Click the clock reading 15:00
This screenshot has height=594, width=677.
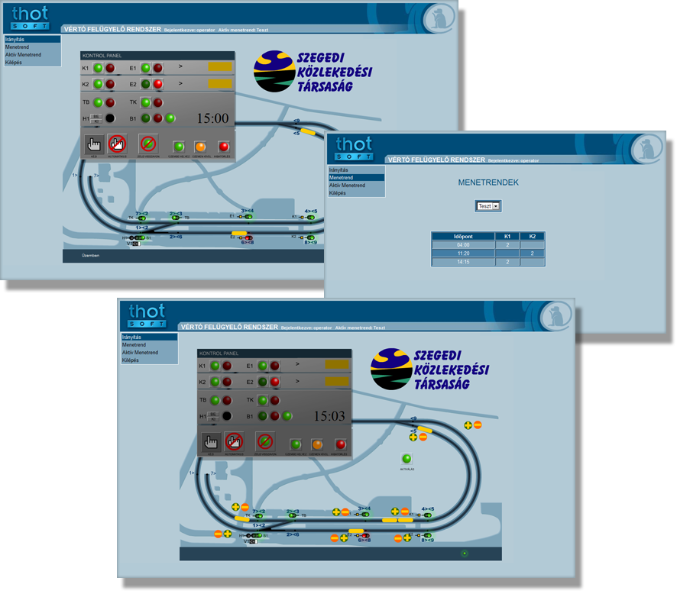pos(213,118)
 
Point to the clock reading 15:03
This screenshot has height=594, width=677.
pos(329,416)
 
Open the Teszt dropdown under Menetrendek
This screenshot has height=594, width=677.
pos(496,206)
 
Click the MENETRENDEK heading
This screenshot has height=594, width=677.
pos(488,183)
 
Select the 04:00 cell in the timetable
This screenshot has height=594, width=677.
pos(463,245)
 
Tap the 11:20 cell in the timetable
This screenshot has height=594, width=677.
pos(463,253)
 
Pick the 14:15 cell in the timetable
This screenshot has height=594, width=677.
pos(463,262)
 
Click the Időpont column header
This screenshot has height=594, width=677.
pos(463,237)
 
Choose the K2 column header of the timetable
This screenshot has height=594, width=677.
pos(533,237)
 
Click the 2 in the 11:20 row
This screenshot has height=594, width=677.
pos(533,253)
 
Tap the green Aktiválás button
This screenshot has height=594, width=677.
pos(407,459)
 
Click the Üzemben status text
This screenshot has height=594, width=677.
pos(91,256)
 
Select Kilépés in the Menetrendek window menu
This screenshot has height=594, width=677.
pos(338,193)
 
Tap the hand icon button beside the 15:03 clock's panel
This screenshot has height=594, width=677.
pos(211,441)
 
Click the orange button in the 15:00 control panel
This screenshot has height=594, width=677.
pos(200,146)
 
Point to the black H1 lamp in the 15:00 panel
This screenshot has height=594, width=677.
pos(110,118)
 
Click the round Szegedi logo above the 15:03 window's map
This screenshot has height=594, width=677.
pos(390,369)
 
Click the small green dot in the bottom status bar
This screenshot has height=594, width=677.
pos(465,553)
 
